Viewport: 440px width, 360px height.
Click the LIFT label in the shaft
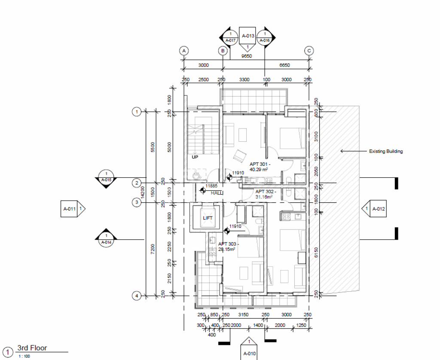click(208, 218)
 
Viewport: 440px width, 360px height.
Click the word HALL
click(217, 193)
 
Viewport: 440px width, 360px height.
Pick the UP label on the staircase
click(195, 157)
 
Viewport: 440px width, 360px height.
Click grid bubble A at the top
click(184, 51)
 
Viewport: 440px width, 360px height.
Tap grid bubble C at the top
click(309, 51)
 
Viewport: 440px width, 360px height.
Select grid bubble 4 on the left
click(136, 296)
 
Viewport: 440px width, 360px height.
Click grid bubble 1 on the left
click(136, 112)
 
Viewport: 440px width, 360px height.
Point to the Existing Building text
click(386, 151)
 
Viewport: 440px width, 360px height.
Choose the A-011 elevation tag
click(70, 209)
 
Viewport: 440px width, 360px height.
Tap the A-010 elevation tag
click(249, 354)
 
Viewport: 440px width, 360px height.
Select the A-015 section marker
click(106, 180)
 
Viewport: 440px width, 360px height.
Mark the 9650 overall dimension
click(246, 56)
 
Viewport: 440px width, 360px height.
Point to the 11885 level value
click(211, 186)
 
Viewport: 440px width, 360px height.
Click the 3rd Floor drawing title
click(32, 348)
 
